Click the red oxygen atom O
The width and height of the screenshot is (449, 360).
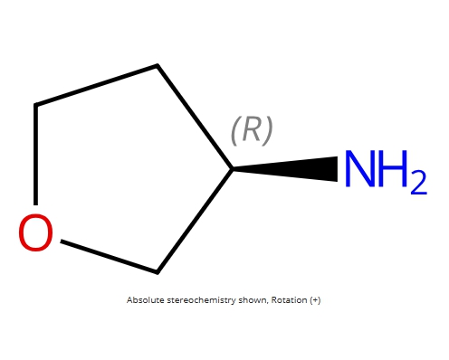(x=35, y=232)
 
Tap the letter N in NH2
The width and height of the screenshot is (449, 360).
(x=359, y=168)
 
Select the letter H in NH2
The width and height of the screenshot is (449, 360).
(x=394, y=168)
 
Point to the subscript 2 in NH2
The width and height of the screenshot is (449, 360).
(x=419, y=183)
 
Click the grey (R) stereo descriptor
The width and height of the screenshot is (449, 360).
(x=252, y=130)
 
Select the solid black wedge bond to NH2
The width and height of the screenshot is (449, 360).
(x=285, y=169)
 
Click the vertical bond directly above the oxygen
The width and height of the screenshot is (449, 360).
(x=35, y=155)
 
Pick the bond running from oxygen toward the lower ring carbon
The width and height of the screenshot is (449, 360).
(x=109, y=257)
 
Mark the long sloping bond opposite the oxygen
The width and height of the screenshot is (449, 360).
(x=96, y=85)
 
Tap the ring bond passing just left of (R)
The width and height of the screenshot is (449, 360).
(x=195, y=117)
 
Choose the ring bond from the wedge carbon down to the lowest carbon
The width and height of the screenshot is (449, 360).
(x=195, y=221)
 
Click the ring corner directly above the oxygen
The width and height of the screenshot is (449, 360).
(x=35, y=105)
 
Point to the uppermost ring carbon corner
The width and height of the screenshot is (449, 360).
(x=158, y=65)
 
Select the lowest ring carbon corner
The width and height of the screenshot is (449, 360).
(x=158, y=272)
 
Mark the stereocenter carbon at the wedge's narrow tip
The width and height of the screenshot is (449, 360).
(x=233, y=169)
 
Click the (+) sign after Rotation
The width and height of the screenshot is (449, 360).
(x=315, y=300)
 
